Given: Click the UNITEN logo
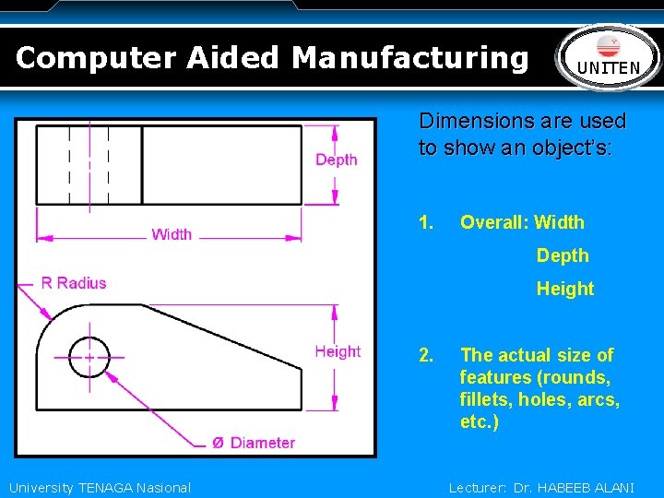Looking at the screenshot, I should point(609,57).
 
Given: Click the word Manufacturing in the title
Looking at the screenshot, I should point(410,57).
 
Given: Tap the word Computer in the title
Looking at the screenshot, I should point(96,57).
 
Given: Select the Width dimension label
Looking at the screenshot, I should point(172,234).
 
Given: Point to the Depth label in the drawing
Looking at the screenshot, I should point(336,160).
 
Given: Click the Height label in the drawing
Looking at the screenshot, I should point(338,351).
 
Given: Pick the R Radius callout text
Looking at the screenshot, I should point(74,283).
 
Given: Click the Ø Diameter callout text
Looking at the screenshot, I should point(254,443).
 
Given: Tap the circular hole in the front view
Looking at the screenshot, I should point(89,355).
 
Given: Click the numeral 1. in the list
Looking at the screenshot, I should point(426,222).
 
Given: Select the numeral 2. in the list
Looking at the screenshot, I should point(426,355).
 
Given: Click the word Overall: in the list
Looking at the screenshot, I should point(493,222).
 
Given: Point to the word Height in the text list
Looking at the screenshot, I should point(565,289).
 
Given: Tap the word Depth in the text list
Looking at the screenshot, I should point(563,255).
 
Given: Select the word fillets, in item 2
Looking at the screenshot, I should point(485,400).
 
